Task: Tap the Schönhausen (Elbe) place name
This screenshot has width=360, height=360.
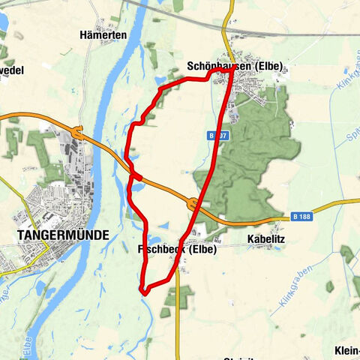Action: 234,67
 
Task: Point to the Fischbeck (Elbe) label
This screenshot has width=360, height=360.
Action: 176,249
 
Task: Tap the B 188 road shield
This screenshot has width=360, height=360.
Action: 301,217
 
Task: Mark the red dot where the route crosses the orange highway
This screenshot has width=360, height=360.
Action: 137,176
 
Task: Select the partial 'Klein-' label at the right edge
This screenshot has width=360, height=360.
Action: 346,350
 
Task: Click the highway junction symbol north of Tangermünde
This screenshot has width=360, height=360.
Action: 76,130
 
